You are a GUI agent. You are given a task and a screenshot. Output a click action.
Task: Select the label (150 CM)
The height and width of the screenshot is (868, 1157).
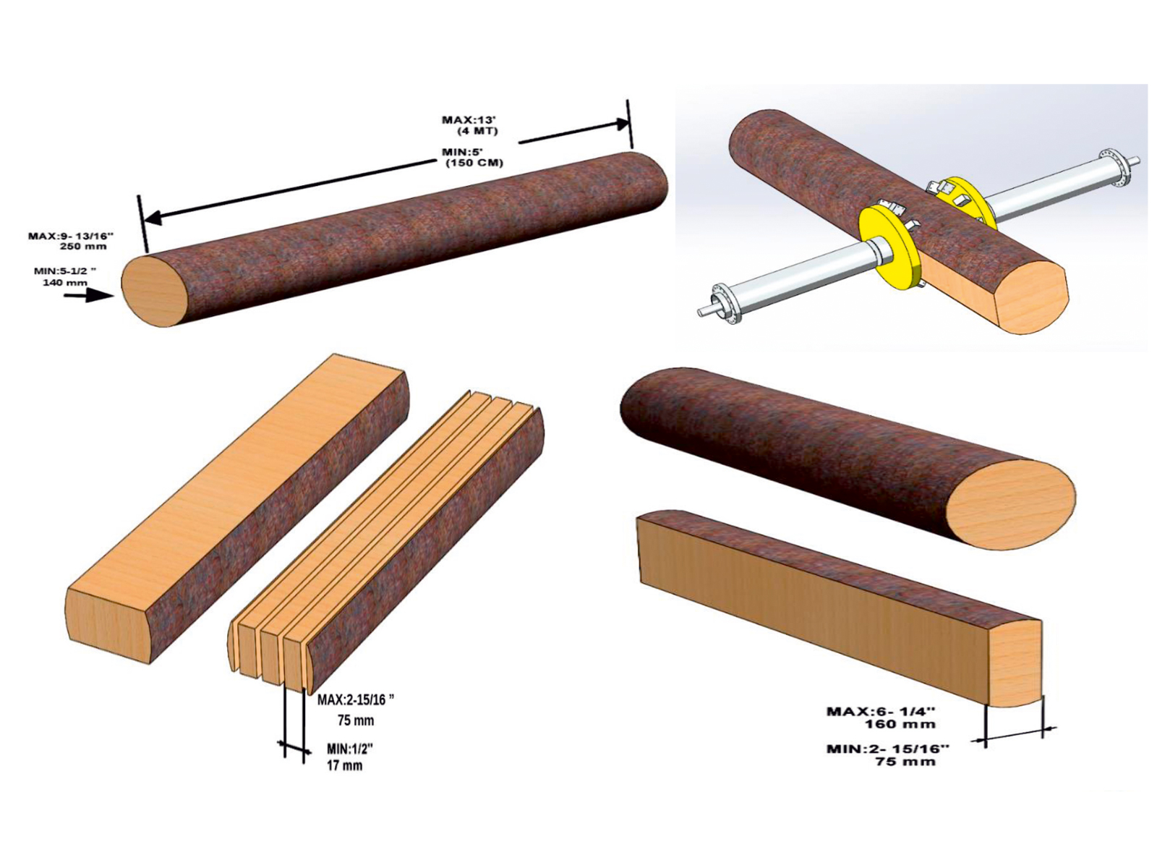tap(474, 163)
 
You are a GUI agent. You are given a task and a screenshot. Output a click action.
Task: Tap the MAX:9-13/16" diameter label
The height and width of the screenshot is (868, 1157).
tap(71, 236)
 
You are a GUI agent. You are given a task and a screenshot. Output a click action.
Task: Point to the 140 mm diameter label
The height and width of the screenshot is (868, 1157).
tap(65, 282)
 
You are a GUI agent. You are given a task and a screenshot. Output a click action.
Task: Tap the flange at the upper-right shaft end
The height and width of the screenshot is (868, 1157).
tap(1114, 167)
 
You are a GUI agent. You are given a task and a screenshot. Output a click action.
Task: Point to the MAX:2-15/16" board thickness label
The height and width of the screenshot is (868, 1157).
tap(356, 699)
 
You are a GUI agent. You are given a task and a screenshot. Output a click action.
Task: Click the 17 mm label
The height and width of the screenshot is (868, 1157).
tap(344, 765)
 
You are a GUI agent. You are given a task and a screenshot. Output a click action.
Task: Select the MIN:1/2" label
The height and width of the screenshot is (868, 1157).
tap(350, 749)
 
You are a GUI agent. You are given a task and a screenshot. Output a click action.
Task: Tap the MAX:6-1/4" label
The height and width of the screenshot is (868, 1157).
tap(880, 711)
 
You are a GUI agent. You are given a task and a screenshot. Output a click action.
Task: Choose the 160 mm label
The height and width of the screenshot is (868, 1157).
tap(900, 724)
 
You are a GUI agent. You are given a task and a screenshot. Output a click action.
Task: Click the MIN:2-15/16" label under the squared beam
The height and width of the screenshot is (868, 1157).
tap(887, 749)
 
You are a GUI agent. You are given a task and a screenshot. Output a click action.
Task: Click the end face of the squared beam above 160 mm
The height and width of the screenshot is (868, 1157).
tap(1016, 662)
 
